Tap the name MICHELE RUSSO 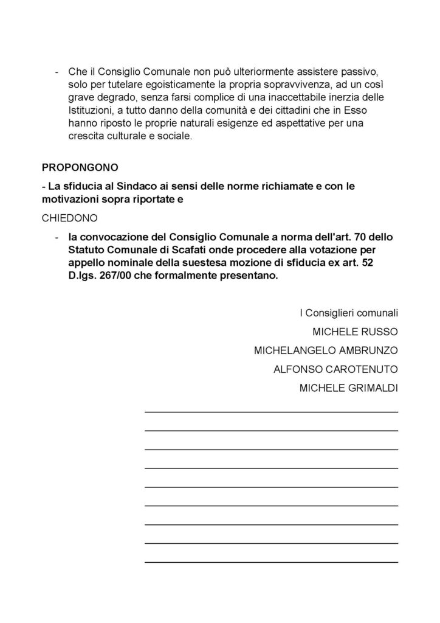(355, 332)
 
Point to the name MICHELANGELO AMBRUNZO (326, 350)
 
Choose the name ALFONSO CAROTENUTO (335, 369)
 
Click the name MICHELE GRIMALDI (349, 388)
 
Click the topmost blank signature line (271, 412)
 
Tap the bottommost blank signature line (271, 561)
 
